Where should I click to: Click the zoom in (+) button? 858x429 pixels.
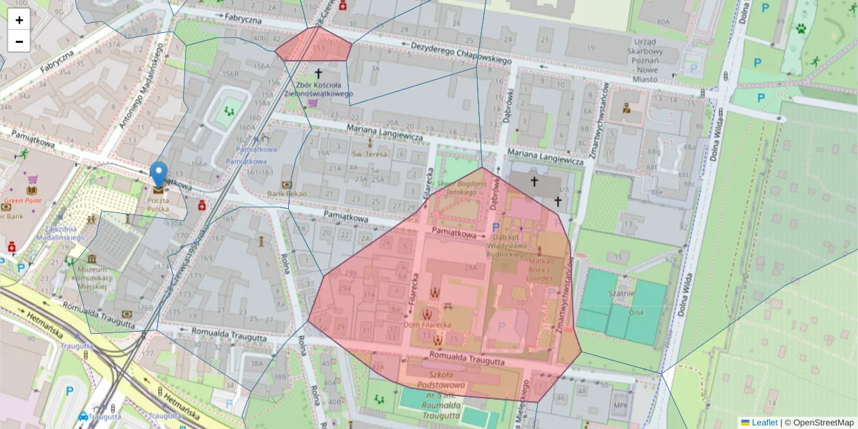[x=19, y=20]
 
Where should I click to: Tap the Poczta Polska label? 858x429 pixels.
[x=158, y=205]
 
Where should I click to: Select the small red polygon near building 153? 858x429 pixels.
[x=314, y=45]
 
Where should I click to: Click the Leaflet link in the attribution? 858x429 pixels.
[x=764, y=423]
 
